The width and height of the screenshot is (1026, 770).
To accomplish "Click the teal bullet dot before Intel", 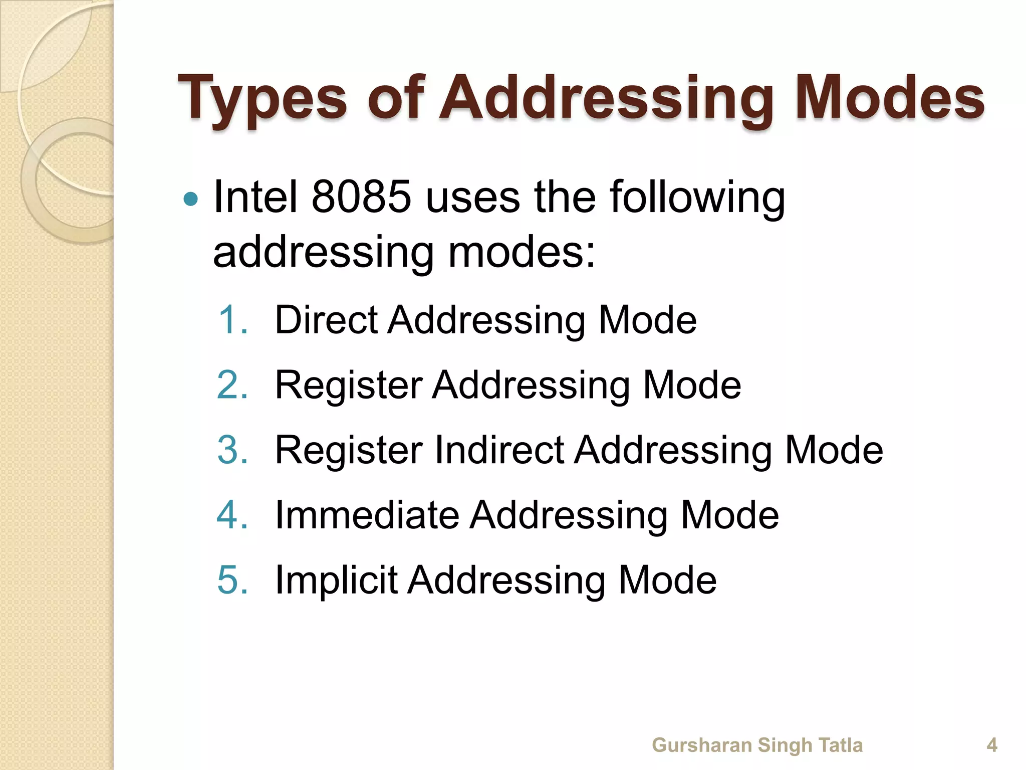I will (191, 200).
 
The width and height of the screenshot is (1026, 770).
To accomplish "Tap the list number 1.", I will (232, 320).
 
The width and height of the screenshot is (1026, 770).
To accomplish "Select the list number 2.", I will (232, 385).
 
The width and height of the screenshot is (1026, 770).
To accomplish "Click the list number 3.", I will (232, 450).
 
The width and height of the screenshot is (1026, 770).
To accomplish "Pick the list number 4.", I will (232, 515).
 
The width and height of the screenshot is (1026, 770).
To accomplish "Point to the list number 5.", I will (232, 580).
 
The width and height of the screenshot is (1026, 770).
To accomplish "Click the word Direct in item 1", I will (326, 320).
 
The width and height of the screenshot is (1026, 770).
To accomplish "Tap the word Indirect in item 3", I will (499, 450).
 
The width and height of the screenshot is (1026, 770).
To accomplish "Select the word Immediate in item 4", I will (367, 515).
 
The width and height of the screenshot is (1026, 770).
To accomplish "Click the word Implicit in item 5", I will (336, 580).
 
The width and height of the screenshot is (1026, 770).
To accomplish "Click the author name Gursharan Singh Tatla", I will (757, 745).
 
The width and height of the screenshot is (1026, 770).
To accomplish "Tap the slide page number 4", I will (992, 745).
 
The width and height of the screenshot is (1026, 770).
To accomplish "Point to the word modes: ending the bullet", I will (522, 252).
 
